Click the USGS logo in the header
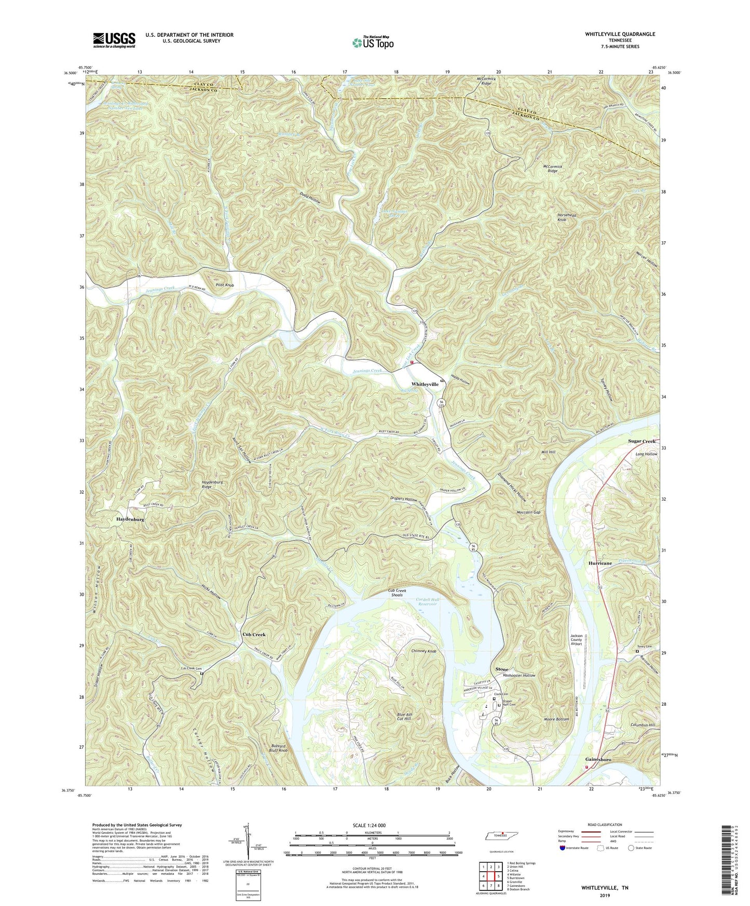coord(114,39)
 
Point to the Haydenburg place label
coord(130,519)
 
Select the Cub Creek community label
coord(254,635)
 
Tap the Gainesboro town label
coord(598,760)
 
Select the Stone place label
coord(501,669)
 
